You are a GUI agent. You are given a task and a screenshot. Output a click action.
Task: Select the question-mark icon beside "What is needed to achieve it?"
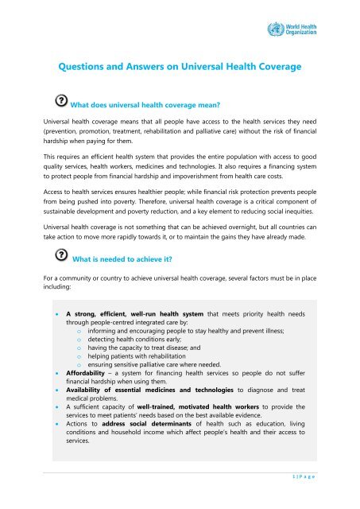pyautogui.click(x=60, y=256)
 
